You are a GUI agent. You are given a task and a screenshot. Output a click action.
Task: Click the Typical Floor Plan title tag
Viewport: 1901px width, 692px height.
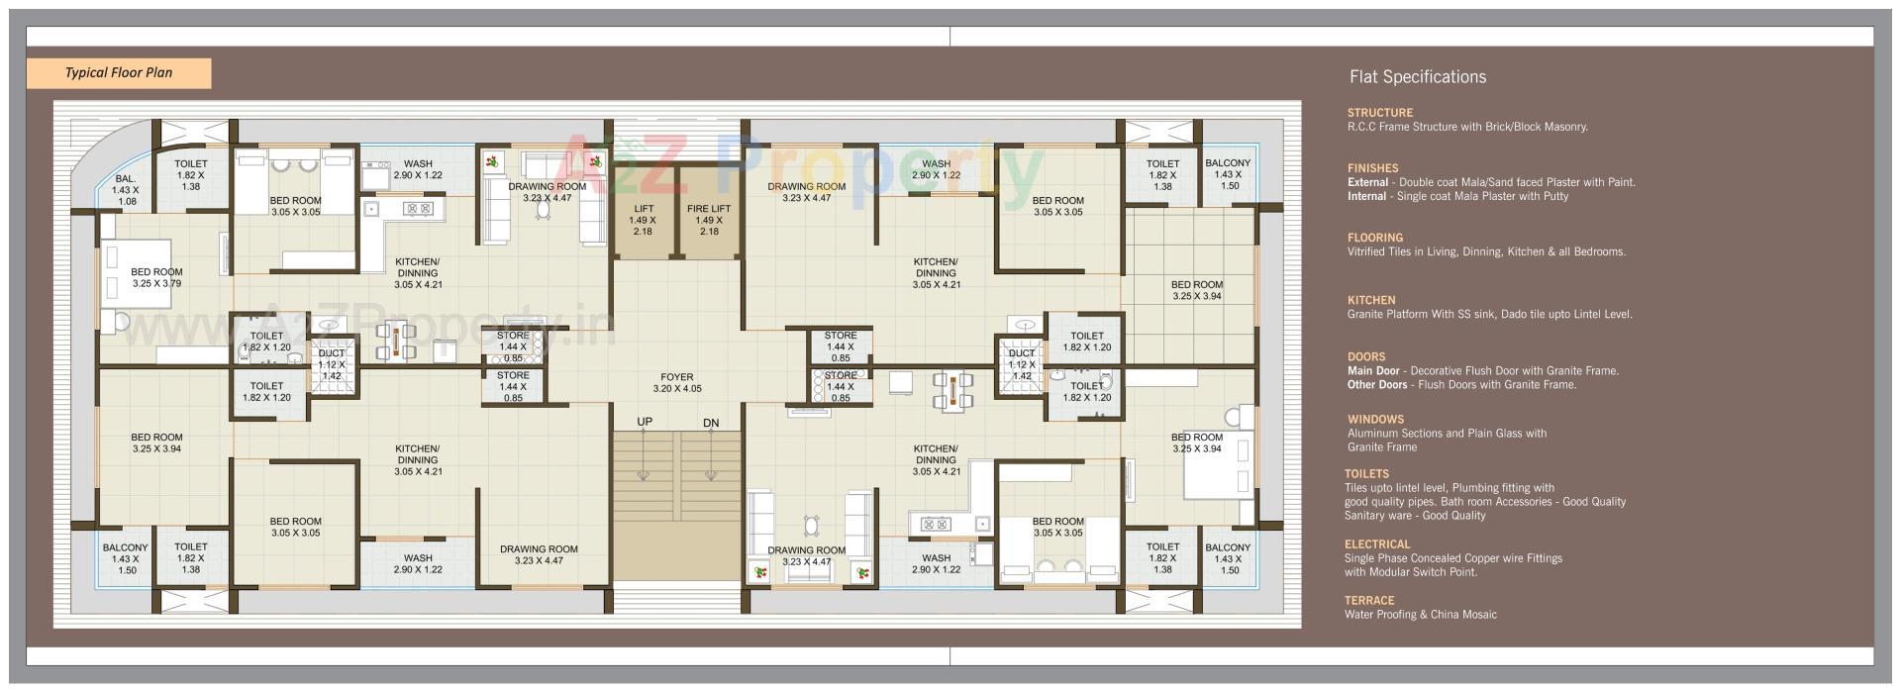(118, 72)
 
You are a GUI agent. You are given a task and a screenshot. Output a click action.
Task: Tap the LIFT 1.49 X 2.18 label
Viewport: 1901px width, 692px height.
(643, 220)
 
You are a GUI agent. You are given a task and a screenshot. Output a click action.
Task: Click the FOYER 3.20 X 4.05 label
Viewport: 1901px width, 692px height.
(677, 383)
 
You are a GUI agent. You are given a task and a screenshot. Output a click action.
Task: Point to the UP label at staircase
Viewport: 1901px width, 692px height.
(645, 422)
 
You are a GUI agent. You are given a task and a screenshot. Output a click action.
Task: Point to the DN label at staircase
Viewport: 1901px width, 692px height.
(711, 423)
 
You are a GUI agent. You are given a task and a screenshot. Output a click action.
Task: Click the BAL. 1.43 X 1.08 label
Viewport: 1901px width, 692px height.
(125, 190)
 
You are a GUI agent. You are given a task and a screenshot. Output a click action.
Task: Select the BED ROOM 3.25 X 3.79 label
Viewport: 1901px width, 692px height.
(156, 277)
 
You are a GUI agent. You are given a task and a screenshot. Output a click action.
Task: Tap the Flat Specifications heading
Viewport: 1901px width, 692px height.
(1417, 77)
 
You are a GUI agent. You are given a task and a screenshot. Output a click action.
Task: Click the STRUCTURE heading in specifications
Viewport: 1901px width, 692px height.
(1379, 113)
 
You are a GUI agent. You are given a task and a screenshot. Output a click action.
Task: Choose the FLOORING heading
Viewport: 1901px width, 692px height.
(1374, 238)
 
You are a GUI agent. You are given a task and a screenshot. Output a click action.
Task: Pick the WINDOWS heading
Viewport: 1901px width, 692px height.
(1375, 419)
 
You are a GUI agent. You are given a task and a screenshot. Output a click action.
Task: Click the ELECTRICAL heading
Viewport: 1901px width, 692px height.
(1377, 544)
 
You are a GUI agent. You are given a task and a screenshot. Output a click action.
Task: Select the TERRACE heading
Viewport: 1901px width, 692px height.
(1368, 601)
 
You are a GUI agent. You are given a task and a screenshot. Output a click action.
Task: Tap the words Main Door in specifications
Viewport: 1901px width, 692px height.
(1372, 371)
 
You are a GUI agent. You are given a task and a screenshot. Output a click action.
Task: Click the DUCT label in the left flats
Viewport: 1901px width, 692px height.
(331, 353)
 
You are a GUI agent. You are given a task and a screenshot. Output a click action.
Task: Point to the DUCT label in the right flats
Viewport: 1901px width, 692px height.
(1021, 353)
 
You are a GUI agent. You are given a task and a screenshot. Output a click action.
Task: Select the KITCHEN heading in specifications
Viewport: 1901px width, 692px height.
(1370, 300)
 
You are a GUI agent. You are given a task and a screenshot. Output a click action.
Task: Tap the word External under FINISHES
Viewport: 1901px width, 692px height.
(1367, 182)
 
